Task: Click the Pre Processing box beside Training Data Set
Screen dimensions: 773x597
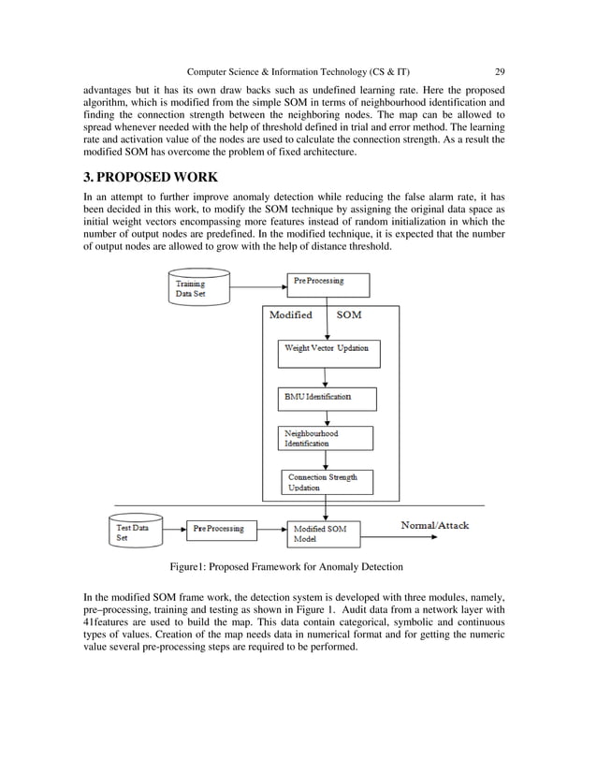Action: click(327, 284)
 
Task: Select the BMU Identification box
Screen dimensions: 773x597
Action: click(328, 399)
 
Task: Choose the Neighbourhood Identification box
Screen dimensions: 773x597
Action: click(326, 438)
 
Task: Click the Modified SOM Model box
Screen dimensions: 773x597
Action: click(323, 533)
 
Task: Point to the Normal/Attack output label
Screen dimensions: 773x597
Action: click(435, 526)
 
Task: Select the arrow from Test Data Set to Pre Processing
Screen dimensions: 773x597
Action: click(175, 531)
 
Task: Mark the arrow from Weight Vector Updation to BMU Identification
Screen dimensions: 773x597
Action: click(325, 375)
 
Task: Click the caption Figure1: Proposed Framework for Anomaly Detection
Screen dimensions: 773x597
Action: click(285, 567)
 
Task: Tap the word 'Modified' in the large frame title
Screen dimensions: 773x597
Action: click(291, 315)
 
